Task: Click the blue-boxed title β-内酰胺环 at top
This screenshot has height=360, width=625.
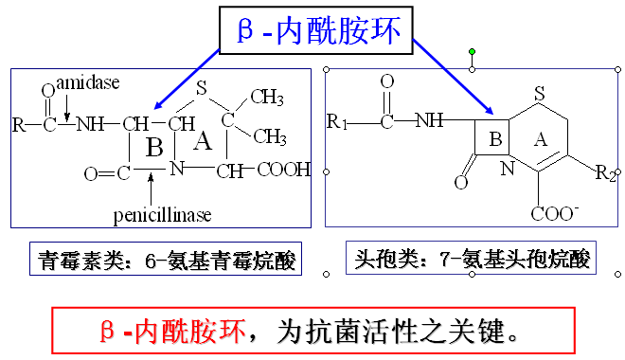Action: click(318, 30)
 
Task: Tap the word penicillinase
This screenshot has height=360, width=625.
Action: click(162, 215)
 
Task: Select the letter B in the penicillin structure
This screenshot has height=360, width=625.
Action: click(154, 148)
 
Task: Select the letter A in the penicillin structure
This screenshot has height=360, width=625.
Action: click(201, 142)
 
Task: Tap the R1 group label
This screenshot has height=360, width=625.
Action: click(337, 121)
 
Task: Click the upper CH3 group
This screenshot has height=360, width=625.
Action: click(267, 97)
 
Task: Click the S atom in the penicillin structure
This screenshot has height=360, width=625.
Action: click(201, 87)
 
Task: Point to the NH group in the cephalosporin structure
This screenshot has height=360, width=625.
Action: click(429, 120)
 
